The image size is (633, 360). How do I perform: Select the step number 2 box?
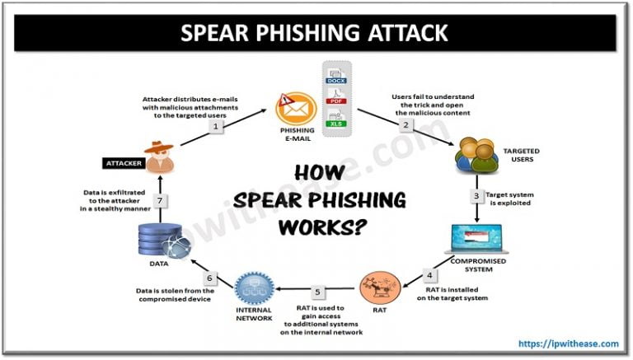[406, 125]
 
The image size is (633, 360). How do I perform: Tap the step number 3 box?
[476, 196]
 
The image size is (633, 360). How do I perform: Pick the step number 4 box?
[429, 274]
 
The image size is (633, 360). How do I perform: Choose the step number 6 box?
[210, 278]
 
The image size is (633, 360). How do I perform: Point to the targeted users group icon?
[476, 155]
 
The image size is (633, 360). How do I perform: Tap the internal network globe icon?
[252, 288]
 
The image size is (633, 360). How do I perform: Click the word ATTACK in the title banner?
[401, 32]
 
